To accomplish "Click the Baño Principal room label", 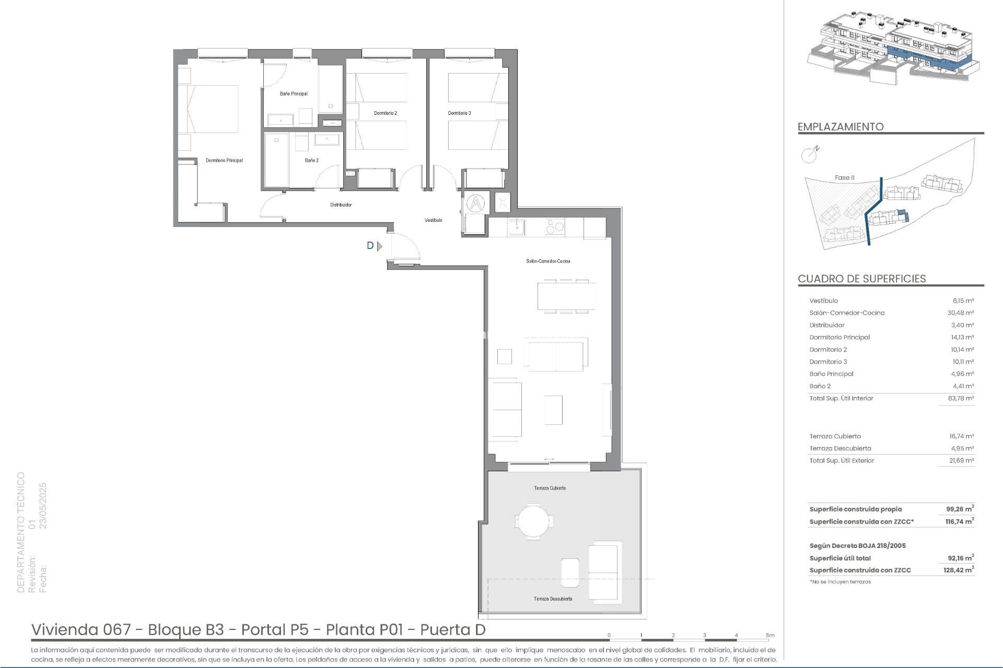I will point(294,94).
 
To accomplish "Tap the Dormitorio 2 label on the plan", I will point(386,113).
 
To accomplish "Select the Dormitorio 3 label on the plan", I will point(459,113).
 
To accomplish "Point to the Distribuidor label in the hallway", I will point(341,205).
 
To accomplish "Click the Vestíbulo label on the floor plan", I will point(433,220).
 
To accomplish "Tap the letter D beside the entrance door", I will point(370,246).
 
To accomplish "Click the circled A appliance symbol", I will point(475,202).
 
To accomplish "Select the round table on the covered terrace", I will point(533,520).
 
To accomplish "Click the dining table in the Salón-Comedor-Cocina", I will point(566,296).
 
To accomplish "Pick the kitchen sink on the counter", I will point(517,227).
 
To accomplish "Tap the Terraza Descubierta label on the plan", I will point(553,599).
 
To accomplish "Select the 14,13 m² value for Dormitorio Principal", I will point(962,338).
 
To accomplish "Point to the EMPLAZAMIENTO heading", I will point(840,127).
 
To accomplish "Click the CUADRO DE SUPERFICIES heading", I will point(861,279).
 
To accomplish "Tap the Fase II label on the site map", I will point(844,178).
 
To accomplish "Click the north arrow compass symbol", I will point(809,154).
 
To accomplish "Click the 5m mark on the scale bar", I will point(770,636).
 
